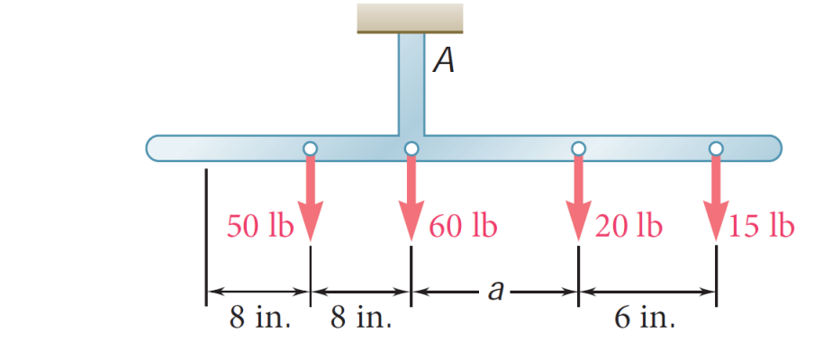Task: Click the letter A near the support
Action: click(442, 60)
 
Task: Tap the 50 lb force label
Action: click(259, 226)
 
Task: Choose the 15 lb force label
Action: click(763, 226)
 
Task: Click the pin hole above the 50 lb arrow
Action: click(310, 148)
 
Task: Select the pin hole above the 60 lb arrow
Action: click(411, 148)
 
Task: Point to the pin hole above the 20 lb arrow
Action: click(578, 148)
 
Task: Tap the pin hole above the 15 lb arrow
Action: click(716, 148)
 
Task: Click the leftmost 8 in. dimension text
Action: click(260, 319)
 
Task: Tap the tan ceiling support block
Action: click(410, 17)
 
